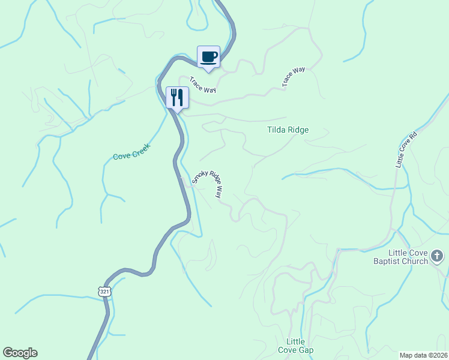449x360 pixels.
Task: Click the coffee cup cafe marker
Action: click(x=208, y=57)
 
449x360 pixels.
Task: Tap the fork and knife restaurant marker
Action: click(x=177, y=97)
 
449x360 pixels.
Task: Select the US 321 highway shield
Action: click(x=104, y=291)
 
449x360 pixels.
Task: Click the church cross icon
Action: click(x=437, y=257)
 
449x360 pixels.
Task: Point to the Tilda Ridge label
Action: click(x=288, y=130)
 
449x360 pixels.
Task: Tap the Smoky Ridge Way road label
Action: click(x=208, y=184)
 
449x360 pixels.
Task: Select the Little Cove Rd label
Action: click(x=405, y=150)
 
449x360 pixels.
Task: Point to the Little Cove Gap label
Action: click(x=296, y=346)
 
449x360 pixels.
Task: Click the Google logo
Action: click(x=20, y=353)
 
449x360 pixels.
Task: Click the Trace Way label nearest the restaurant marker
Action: click(x=202, y=84)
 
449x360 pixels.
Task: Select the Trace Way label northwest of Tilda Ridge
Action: click(x=294, y=77)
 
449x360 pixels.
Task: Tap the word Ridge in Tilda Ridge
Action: click(x=298, y=130)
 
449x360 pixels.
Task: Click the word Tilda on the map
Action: click(x=276, y=130)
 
